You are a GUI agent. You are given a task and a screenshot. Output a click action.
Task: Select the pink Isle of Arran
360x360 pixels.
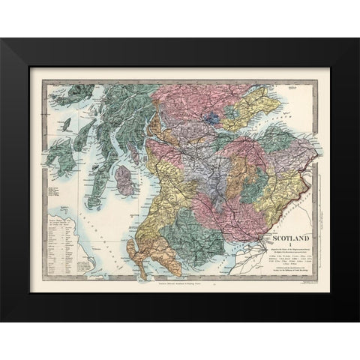(x=124, y=180)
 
